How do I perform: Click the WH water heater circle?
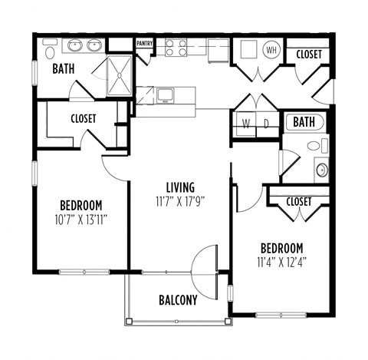(271, 51)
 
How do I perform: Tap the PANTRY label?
(144, 44)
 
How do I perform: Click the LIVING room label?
(179, 187)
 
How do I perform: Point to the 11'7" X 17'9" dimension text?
(179, 202)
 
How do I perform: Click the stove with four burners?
(177, 48)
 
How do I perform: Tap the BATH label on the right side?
(304, 122)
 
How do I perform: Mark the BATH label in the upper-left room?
(64, 69)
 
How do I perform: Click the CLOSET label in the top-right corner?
(309, 54)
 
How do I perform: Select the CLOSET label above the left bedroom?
(83, 119)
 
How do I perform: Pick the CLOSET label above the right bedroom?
(298, 201)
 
